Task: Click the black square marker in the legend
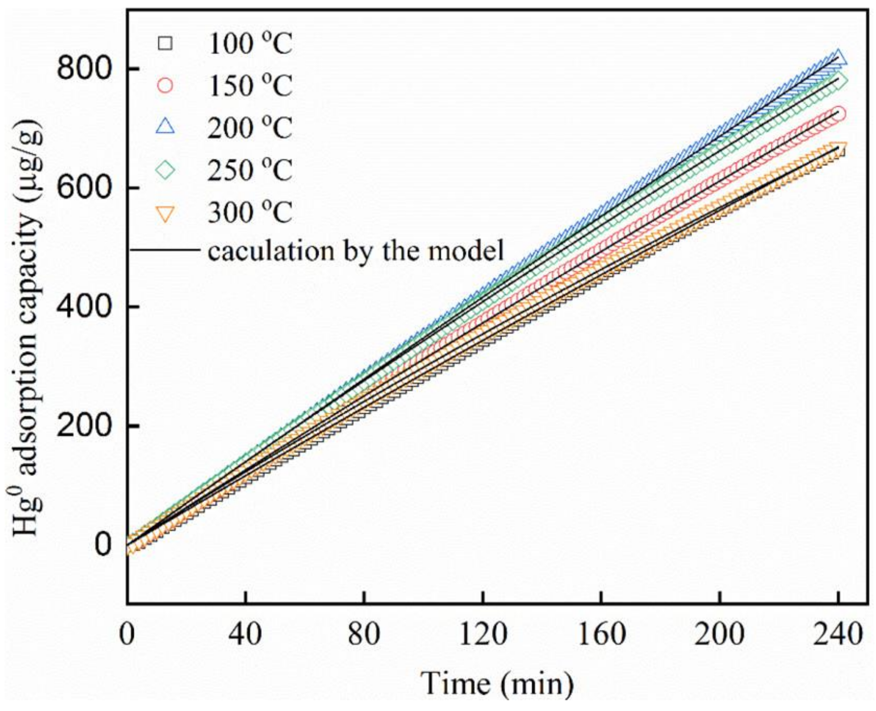(166, 43)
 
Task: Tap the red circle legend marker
(166, 85)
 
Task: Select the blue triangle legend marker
(166, 126)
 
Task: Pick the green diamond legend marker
(166, 170)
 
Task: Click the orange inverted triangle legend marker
(166, 213)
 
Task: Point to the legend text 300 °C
(250, 213)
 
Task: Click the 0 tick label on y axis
(103, 545)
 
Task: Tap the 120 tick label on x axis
(483, 635)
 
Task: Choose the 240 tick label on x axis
(838, 635)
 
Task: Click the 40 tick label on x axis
(245, 635)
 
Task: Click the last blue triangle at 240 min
(838, 57)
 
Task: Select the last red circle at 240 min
(838, 114)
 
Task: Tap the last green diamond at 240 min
(838, 80)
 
